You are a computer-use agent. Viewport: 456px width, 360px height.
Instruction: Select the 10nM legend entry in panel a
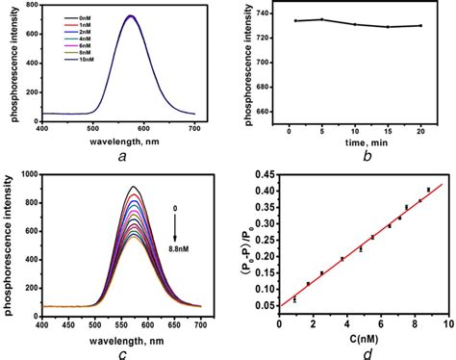click(91, 60)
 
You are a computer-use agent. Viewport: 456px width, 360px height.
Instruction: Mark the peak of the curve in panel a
click(131, 15)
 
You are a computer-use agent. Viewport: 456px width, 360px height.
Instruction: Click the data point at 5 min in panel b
click(322, 19)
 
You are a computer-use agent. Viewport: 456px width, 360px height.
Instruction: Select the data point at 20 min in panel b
click(419, 25)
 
